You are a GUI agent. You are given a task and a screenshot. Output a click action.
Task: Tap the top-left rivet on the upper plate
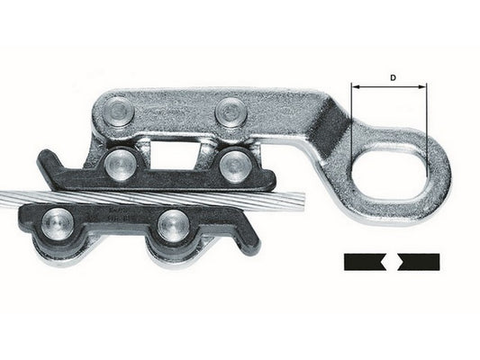121,112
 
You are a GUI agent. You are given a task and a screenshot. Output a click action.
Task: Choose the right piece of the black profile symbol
420,262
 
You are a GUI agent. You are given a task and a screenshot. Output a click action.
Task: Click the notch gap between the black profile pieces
392,262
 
